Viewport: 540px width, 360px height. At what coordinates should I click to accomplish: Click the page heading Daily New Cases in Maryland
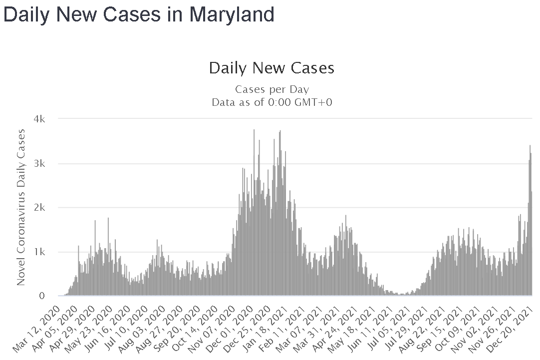(139, 14)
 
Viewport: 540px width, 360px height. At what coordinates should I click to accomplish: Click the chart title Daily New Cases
(271, 68)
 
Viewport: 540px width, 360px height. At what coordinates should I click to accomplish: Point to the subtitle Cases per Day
(272, 90)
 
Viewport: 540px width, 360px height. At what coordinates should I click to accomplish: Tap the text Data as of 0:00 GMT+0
(272, 102)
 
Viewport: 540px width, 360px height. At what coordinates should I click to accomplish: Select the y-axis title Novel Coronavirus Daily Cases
(21, 207)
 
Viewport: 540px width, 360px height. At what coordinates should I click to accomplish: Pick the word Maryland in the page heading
(232, 14)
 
